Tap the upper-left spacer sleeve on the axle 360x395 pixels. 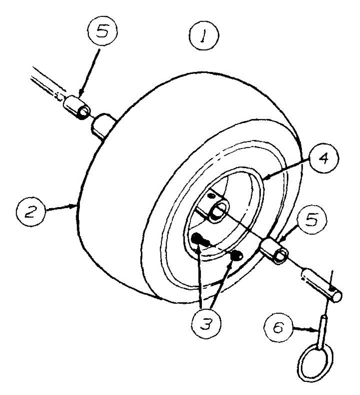(76, 108)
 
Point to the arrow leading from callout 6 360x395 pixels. (304, 328)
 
